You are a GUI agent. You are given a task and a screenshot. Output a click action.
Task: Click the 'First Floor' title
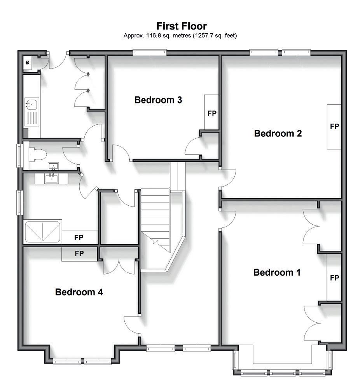[182, 26]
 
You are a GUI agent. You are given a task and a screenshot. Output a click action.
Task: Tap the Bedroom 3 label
[158, 100]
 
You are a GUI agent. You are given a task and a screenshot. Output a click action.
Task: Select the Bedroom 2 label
[278, 133]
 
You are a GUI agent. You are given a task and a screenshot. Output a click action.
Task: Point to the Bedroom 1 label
[277, 273]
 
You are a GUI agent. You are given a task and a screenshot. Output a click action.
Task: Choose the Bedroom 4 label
[79, 292]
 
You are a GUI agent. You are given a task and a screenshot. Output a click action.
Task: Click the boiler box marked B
[28, 63]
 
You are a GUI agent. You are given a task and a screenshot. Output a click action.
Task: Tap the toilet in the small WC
[38, 155]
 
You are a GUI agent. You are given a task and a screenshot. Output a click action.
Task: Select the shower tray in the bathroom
[42, 232]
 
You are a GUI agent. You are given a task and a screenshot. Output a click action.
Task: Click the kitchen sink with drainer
[32, 112]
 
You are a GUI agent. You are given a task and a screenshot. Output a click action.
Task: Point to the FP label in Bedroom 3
[212, 113]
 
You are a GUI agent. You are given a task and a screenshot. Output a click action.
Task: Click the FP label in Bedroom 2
[334, 126]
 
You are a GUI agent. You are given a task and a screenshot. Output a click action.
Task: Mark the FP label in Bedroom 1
[334, 278]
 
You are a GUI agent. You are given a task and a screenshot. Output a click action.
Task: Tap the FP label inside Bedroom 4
[79, 253]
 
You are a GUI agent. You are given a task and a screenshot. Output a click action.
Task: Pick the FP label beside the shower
[79, 238]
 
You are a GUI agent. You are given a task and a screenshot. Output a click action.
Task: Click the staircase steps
[156, 218]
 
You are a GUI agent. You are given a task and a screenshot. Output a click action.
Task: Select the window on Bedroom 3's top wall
[150, 52]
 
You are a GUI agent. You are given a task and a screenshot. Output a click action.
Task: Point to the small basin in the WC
[53, 166]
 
